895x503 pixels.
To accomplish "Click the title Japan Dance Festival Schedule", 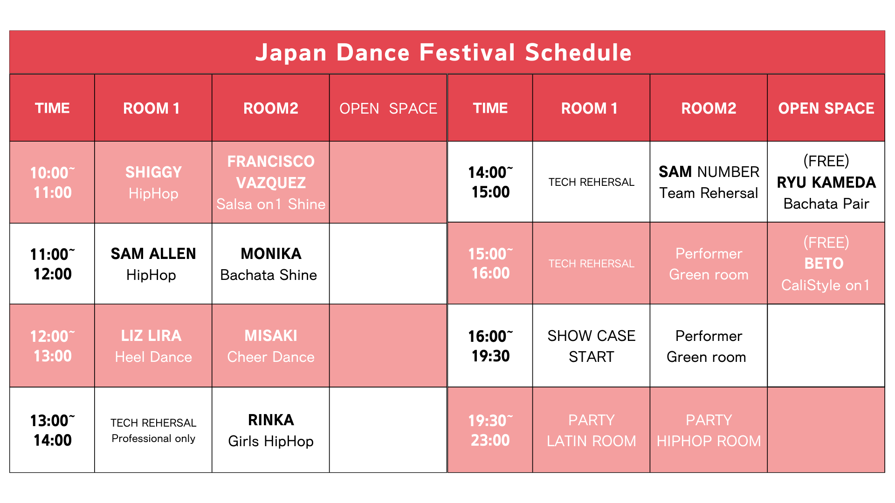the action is [x=443, y=52].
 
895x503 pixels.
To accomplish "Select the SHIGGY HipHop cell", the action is [x=153, y=182].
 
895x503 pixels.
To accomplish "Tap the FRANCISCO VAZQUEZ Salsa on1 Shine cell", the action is [x=271, y=182].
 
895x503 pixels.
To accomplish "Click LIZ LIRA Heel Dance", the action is [x=153, y=346].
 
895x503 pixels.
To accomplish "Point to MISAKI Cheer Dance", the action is [x=271, y=346].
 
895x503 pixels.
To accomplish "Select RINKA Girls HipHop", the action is [x=271, y=430].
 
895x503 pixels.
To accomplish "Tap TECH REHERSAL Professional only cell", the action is [x=153, y=430].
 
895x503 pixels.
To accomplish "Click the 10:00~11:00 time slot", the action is [x=52, y=182].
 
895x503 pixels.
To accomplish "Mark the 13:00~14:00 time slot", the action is [x=52, y=430].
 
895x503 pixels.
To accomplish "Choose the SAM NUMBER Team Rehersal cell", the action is [x=709, y=182].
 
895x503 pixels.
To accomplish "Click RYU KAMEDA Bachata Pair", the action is [x=826, y=182].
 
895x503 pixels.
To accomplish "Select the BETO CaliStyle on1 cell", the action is [x=826, y=264].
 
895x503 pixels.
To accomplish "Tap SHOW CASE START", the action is [x=592, y=346].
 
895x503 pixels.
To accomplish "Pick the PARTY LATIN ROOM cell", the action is [x=592, y=430].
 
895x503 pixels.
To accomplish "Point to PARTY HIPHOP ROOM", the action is [x=709, y=430].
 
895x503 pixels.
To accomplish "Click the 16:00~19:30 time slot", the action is [x=490, y=346].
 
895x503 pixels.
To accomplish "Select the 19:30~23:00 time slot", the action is [x=490, y=430].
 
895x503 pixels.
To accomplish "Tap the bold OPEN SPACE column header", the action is [x=826, y=108].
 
